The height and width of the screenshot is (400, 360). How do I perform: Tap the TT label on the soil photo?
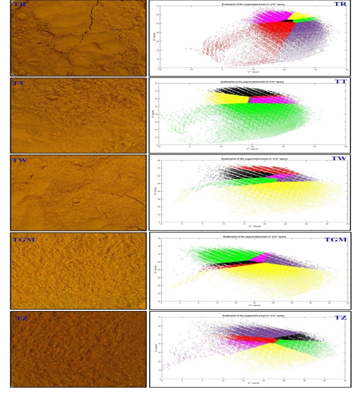[x=20, y=83]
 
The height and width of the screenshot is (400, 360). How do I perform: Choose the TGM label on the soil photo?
[x=24, y=239]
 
